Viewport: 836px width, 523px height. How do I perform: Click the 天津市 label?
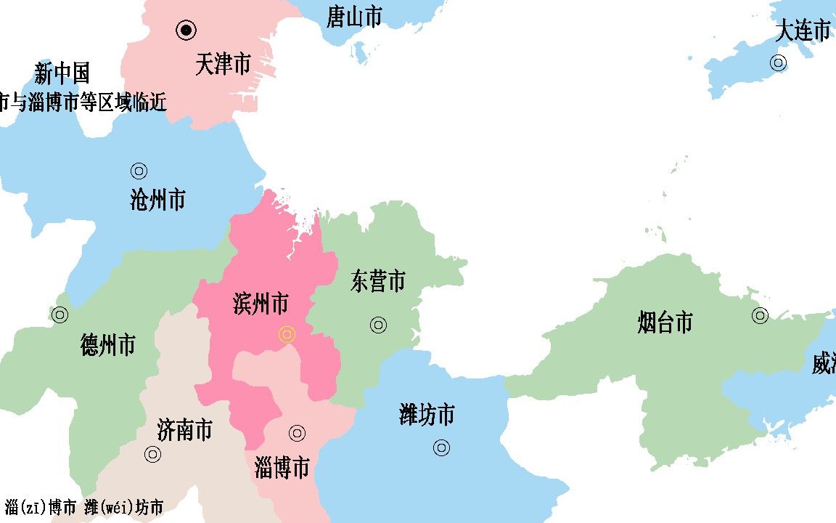223,65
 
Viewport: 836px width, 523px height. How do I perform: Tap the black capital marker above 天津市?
187,30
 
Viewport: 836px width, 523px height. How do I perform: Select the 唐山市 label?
353,16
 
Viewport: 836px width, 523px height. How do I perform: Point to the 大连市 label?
803,31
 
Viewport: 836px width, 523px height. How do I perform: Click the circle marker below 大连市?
778,62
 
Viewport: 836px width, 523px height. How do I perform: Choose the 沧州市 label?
157,199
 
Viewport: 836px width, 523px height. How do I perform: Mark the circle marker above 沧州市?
139,171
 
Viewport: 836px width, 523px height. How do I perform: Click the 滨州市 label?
261,304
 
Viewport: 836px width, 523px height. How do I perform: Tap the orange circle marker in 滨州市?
287,334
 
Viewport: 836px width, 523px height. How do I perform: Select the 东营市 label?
377,281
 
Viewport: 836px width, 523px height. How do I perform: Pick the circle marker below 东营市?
378,325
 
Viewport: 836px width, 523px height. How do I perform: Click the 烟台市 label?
665,322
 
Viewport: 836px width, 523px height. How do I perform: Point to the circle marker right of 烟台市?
760,315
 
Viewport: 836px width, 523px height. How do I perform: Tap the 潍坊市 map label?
427,415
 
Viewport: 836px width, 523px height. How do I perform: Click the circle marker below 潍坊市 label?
441,447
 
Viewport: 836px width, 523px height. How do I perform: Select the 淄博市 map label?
282,467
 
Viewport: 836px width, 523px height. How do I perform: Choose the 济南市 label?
184,430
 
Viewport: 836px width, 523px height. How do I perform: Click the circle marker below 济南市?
152,455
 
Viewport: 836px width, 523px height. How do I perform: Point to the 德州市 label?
107,345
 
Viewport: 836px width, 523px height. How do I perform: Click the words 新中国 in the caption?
62,73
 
